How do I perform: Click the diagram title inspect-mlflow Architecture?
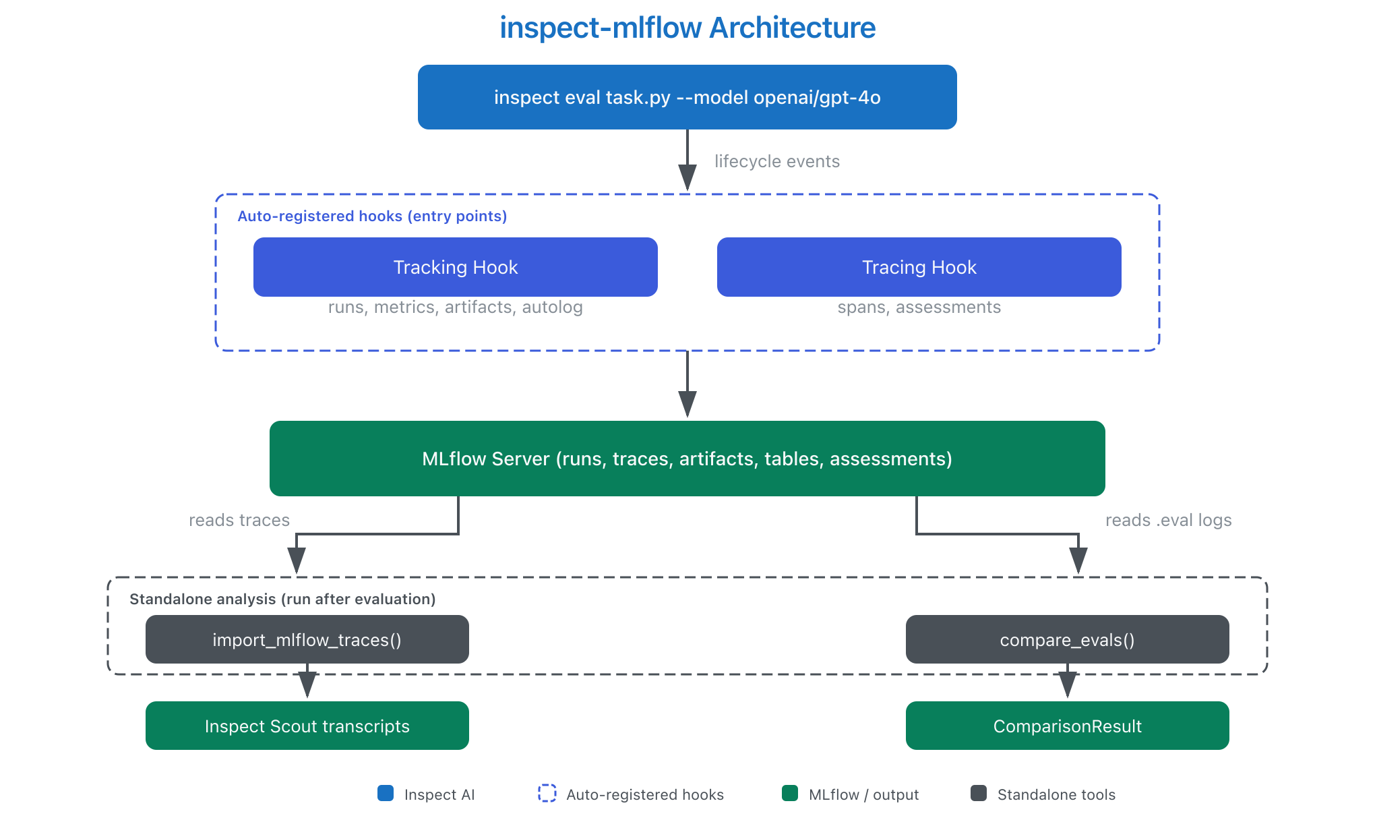[x=687, y=28]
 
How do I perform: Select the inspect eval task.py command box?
[x=687, y=97]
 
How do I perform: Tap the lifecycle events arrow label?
[x=777, y=161]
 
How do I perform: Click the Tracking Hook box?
[x=456, y=267]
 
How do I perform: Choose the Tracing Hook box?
[x=919, y=267]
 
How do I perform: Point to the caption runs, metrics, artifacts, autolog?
[x=456, y=307]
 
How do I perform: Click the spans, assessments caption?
[x=919, y=307]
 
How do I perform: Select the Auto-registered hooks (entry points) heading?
[x=372, y=216]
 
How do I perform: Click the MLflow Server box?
[x=687, y=459]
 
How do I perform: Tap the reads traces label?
[x=239, y=520]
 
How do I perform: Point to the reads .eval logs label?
[x=1169, y=520]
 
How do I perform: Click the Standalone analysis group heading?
[x=282, y=599]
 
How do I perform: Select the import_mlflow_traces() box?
[x=307, y=639]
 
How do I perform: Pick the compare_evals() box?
[x=1068, y=639]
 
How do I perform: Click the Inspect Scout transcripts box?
[x=307, y=726]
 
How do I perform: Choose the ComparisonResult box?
[x=1068, y=726]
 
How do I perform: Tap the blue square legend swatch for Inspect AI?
[x=386, y=793]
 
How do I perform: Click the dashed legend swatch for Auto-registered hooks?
[x=547, y=793]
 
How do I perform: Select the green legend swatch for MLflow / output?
[x=790, y=793]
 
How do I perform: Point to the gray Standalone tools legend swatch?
[x=979, y=793]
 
